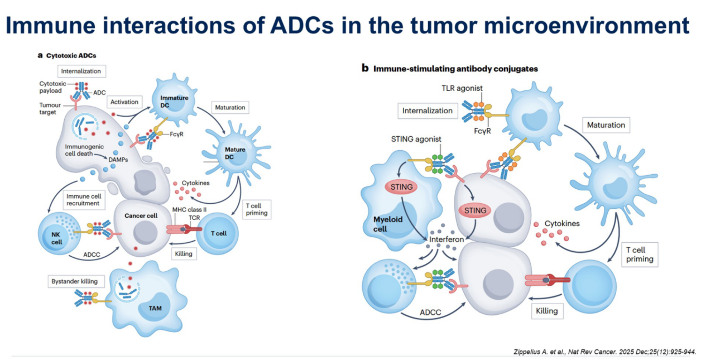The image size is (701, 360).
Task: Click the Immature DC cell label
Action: [x=174, y=102]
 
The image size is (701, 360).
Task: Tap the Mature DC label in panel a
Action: [x=235, y=153]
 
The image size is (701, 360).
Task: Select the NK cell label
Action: [x=56, y=238]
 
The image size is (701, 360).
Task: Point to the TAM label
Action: [x=155, y=308]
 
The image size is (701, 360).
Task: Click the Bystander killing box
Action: [x=74, y=281]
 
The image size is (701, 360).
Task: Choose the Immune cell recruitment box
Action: [x=84, y=200]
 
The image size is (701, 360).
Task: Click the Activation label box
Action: [x=124, y=102]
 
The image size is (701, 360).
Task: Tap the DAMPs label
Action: [x=118, y=160]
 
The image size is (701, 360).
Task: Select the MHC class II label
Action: [x=189, y=209]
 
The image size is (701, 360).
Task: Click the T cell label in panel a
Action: [x=218, y=233]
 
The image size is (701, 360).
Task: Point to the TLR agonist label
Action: [x=462, y=88]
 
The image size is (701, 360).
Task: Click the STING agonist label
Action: [x=416, y=139]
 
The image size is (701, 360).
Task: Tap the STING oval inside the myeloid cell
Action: [x=401, y=187]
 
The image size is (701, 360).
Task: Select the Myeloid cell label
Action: [x=388, y=224]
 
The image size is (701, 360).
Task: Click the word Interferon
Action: [x=446, y=239]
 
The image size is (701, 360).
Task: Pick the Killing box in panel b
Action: [x=547, y=311]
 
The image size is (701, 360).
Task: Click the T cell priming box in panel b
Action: [x=640, y=255]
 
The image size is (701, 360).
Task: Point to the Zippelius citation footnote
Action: [x=604, y=352]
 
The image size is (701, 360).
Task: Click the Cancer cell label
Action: [x=141, y=215]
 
